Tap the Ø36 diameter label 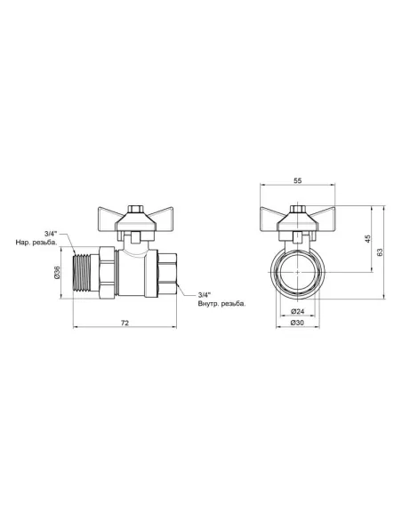point(57,272)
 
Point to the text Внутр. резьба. point(221,305)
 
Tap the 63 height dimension point(381,253)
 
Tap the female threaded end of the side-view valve point(165,272)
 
